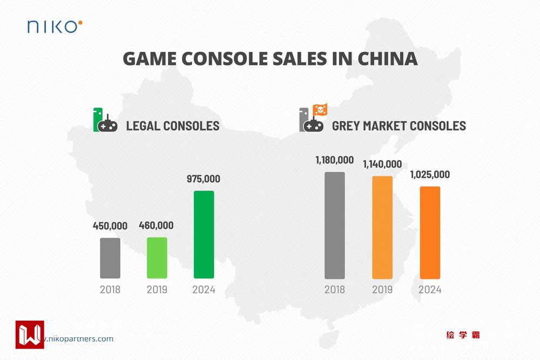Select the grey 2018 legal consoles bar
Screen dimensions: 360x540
point(110,258)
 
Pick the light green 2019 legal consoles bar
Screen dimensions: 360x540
point(157,258)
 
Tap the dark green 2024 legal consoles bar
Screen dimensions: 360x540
point(204,234)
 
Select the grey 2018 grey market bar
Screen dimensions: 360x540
point(335,225)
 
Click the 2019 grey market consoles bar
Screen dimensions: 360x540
point(382,227)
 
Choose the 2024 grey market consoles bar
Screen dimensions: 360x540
point(430,232)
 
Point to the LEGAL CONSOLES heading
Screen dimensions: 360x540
point(173,126)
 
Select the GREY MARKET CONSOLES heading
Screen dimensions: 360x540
point(399,126)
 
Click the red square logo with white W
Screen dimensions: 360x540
point(30,335)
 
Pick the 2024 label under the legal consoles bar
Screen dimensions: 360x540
point(204,290)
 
